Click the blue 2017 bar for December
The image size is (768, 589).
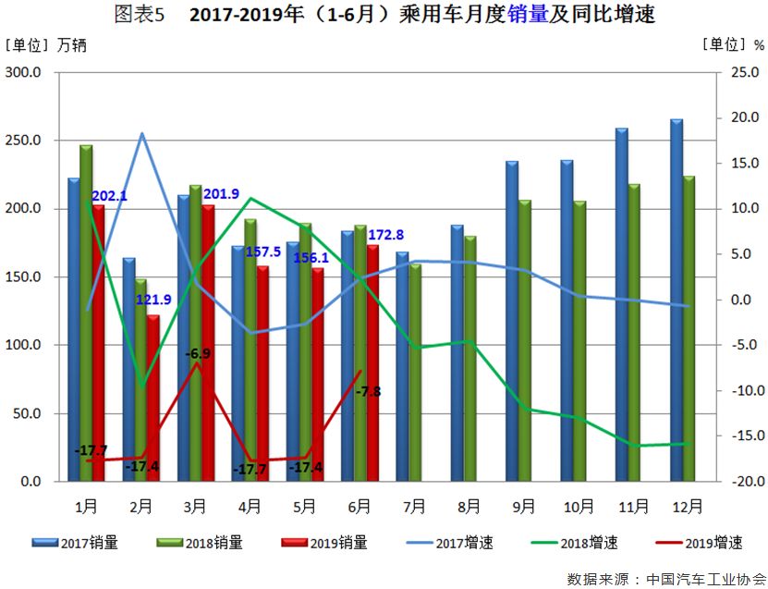[676, 301]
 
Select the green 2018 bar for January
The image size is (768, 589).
[86, 313]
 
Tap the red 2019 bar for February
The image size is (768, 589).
[152, 398]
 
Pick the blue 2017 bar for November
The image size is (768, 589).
[621, 305]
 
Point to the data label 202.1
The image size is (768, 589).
[109, 196]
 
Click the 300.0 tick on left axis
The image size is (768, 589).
[24, 72]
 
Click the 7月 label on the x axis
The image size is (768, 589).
[414, 506]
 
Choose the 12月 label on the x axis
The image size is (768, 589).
[686, 506]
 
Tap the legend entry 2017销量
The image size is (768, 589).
[89, 543]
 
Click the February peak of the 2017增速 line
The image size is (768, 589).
[142, 134]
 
